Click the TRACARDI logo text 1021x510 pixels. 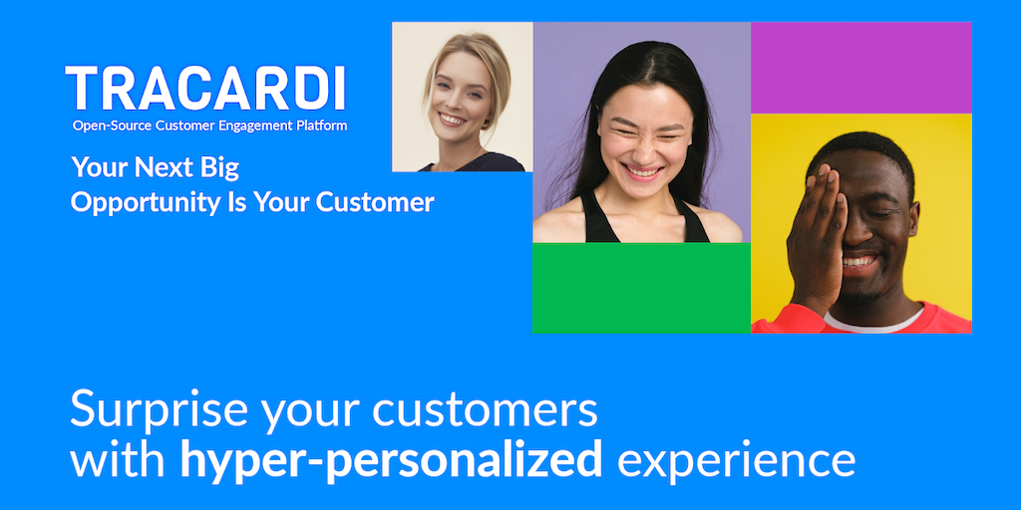tap(205, 88)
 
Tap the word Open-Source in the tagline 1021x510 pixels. tap(113, 126)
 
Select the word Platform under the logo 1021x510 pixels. tap(322, 126)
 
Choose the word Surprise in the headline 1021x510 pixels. tap(159, 409)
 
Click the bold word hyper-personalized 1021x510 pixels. tap(391, 460)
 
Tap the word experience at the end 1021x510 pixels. tap(736, 462)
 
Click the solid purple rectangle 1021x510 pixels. tap(860, 68)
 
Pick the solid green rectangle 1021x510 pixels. tap(641, 288)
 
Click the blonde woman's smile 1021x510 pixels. tap(452, 120)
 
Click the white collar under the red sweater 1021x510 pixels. tap(872, 320)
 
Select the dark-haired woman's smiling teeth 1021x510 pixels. tap(642, 171)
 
